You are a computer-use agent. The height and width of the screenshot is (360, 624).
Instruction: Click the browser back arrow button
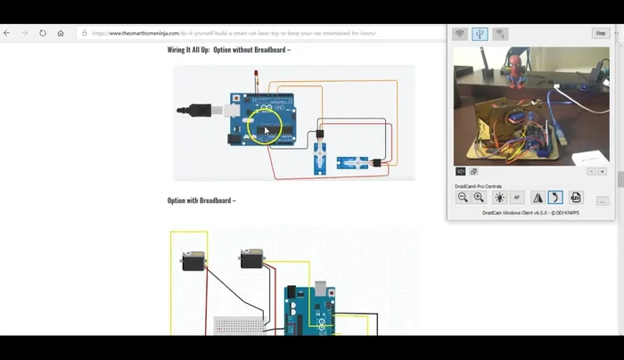(7, 33)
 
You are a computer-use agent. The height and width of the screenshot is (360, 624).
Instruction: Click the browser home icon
(61, 33)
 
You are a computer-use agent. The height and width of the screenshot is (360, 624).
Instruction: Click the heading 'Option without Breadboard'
(229, 50)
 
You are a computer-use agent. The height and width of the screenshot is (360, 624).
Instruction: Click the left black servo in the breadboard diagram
(193, 260)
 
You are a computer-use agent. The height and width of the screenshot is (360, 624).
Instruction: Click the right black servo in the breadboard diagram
(251, 258)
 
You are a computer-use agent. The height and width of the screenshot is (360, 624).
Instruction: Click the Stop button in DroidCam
(601, 33)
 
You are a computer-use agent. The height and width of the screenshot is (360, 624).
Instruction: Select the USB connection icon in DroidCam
(480, 34)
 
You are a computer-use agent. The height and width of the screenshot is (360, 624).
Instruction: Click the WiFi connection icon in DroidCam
(460, 34)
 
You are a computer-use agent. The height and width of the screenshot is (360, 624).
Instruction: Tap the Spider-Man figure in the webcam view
(515, 68)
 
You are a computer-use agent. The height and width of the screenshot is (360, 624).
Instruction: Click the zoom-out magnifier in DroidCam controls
(463, 197)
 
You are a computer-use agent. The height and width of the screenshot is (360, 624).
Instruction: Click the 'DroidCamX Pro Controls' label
(478, 185)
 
